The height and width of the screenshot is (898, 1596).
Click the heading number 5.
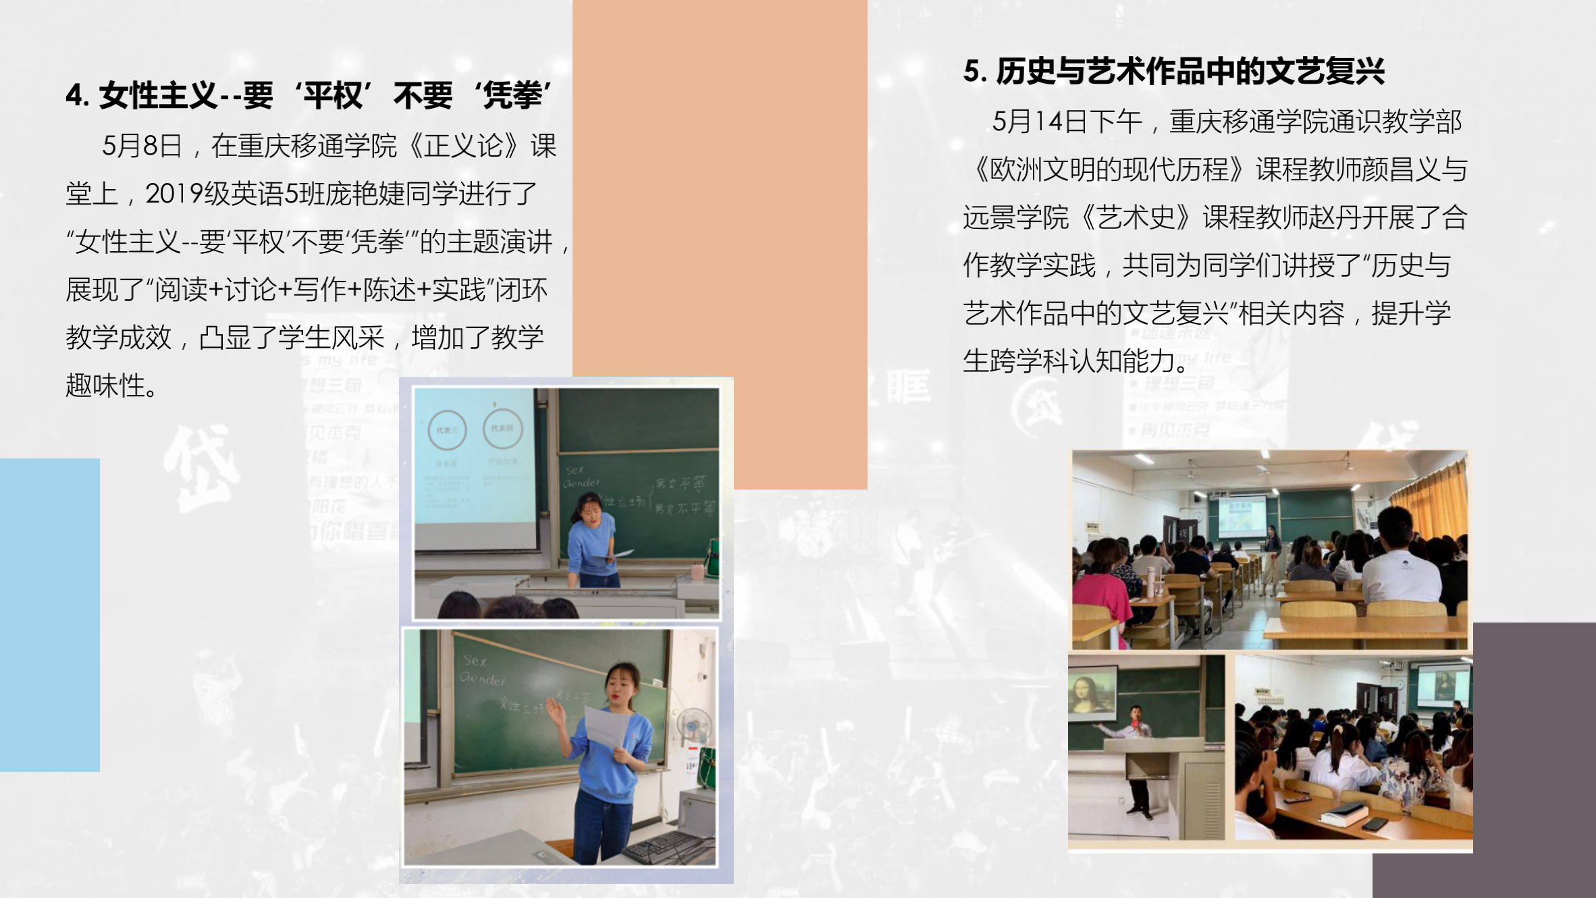coord(973,72)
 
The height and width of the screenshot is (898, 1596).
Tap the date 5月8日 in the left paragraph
coord(142,146)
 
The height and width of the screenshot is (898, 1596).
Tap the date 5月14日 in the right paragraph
coord(1046,122)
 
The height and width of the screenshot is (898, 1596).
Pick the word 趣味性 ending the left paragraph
coord(105,386)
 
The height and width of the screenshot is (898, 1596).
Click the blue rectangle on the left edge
coord(49,614)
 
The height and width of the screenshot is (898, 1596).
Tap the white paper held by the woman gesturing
coord(607,727)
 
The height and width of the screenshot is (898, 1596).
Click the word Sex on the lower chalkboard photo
coord(475,661)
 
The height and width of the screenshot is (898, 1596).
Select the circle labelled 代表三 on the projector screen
coord(447,430)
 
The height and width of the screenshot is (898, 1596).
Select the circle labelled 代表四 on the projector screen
coord(502,428)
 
